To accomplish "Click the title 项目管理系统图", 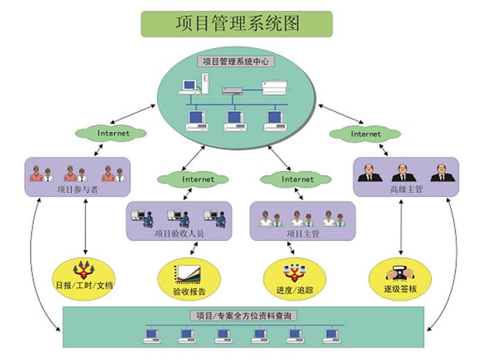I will [x=236, y=24].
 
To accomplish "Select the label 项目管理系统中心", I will [x=236, y=62].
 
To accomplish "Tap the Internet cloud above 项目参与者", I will [x=113, y=133].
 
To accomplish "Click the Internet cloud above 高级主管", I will [x=365, y=133].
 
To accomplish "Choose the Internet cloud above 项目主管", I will [x=297, y=179].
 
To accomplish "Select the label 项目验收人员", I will [x=179, y=233].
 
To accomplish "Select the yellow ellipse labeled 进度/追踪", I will [x=295, y=278].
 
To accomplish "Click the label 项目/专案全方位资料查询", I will [x=244, y=316].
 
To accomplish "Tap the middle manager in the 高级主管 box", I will [x=404, y=172].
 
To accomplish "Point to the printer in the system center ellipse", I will [x=278, y=87].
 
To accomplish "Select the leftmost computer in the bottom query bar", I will [x=152, y=336].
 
